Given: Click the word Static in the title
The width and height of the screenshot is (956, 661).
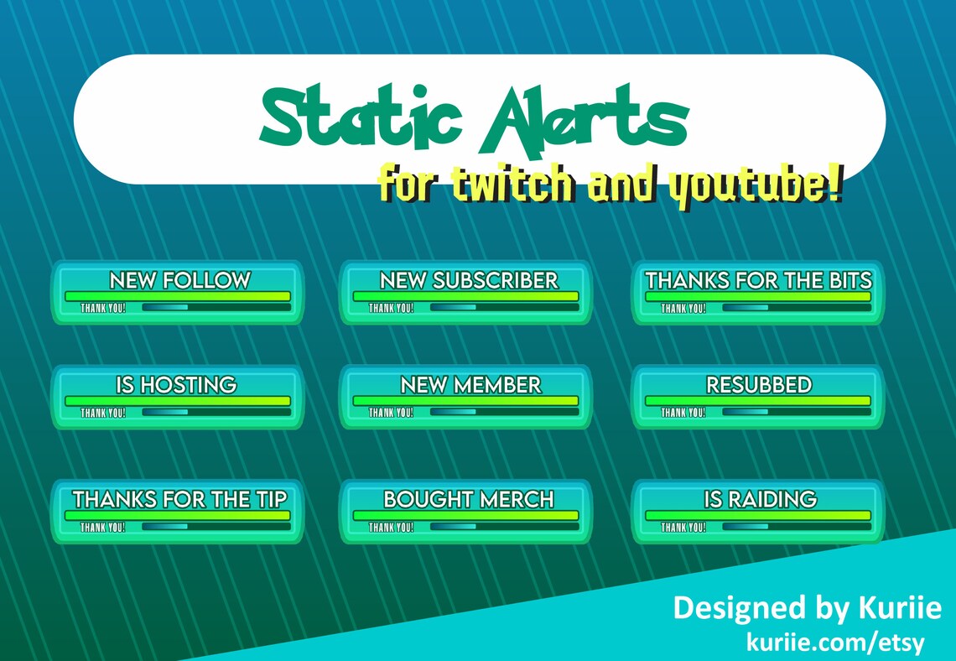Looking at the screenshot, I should (x=361, y=118).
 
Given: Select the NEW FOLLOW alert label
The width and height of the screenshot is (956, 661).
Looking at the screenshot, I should (x=179, y=280).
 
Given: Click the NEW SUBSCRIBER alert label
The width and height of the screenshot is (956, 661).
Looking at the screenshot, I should (x=468, y=280).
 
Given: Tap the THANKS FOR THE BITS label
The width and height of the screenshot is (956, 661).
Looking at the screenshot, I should (x=758, y=280).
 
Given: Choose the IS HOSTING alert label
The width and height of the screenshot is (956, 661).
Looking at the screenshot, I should (x=176, y=385).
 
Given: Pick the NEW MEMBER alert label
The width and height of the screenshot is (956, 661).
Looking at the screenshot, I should (x=470, y=385).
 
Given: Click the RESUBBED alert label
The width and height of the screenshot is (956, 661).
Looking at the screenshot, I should (x=759, y=385).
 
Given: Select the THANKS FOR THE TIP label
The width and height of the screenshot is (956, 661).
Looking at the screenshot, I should (x=179, y=499).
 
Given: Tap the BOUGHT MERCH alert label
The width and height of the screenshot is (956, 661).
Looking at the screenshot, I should (x=468, y=499).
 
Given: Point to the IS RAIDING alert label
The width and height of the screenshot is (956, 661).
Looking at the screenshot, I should (x=760, y=499).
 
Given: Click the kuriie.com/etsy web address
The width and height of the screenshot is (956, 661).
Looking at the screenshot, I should (x=835, y=643).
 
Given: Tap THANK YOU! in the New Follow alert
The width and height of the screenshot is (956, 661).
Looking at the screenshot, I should (x=103, y=308).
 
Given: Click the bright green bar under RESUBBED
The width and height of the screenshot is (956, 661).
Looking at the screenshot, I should (x=757, y=401).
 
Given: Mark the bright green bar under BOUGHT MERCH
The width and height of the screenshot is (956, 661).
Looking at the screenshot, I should (x=465, y=515).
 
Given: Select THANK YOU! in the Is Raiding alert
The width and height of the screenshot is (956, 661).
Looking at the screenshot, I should (x=683, y=528).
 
